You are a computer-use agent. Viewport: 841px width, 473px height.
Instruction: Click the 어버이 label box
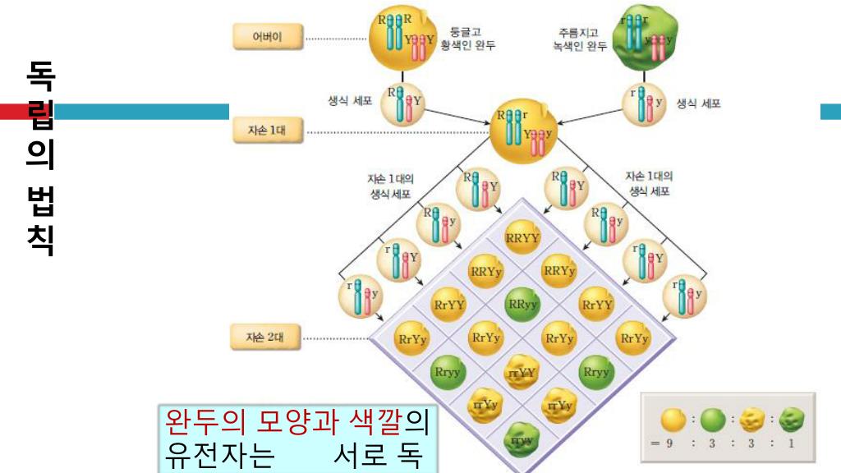(x=267, y=36)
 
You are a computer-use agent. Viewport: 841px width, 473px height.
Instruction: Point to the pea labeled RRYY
(x=522, y=237)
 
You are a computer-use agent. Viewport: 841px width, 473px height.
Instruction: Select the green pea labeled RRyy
(x=522, y=304)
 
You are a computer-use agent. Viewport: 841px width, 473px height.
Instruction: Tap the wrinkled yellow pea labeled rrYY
(x=522, y=372)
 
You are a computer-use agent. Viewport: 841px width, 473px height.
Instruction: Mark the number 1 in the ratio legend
(x=791, y=443)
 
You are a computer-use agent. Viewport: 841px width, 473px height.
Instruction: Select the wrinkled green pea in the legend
(x=792, y=420)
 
